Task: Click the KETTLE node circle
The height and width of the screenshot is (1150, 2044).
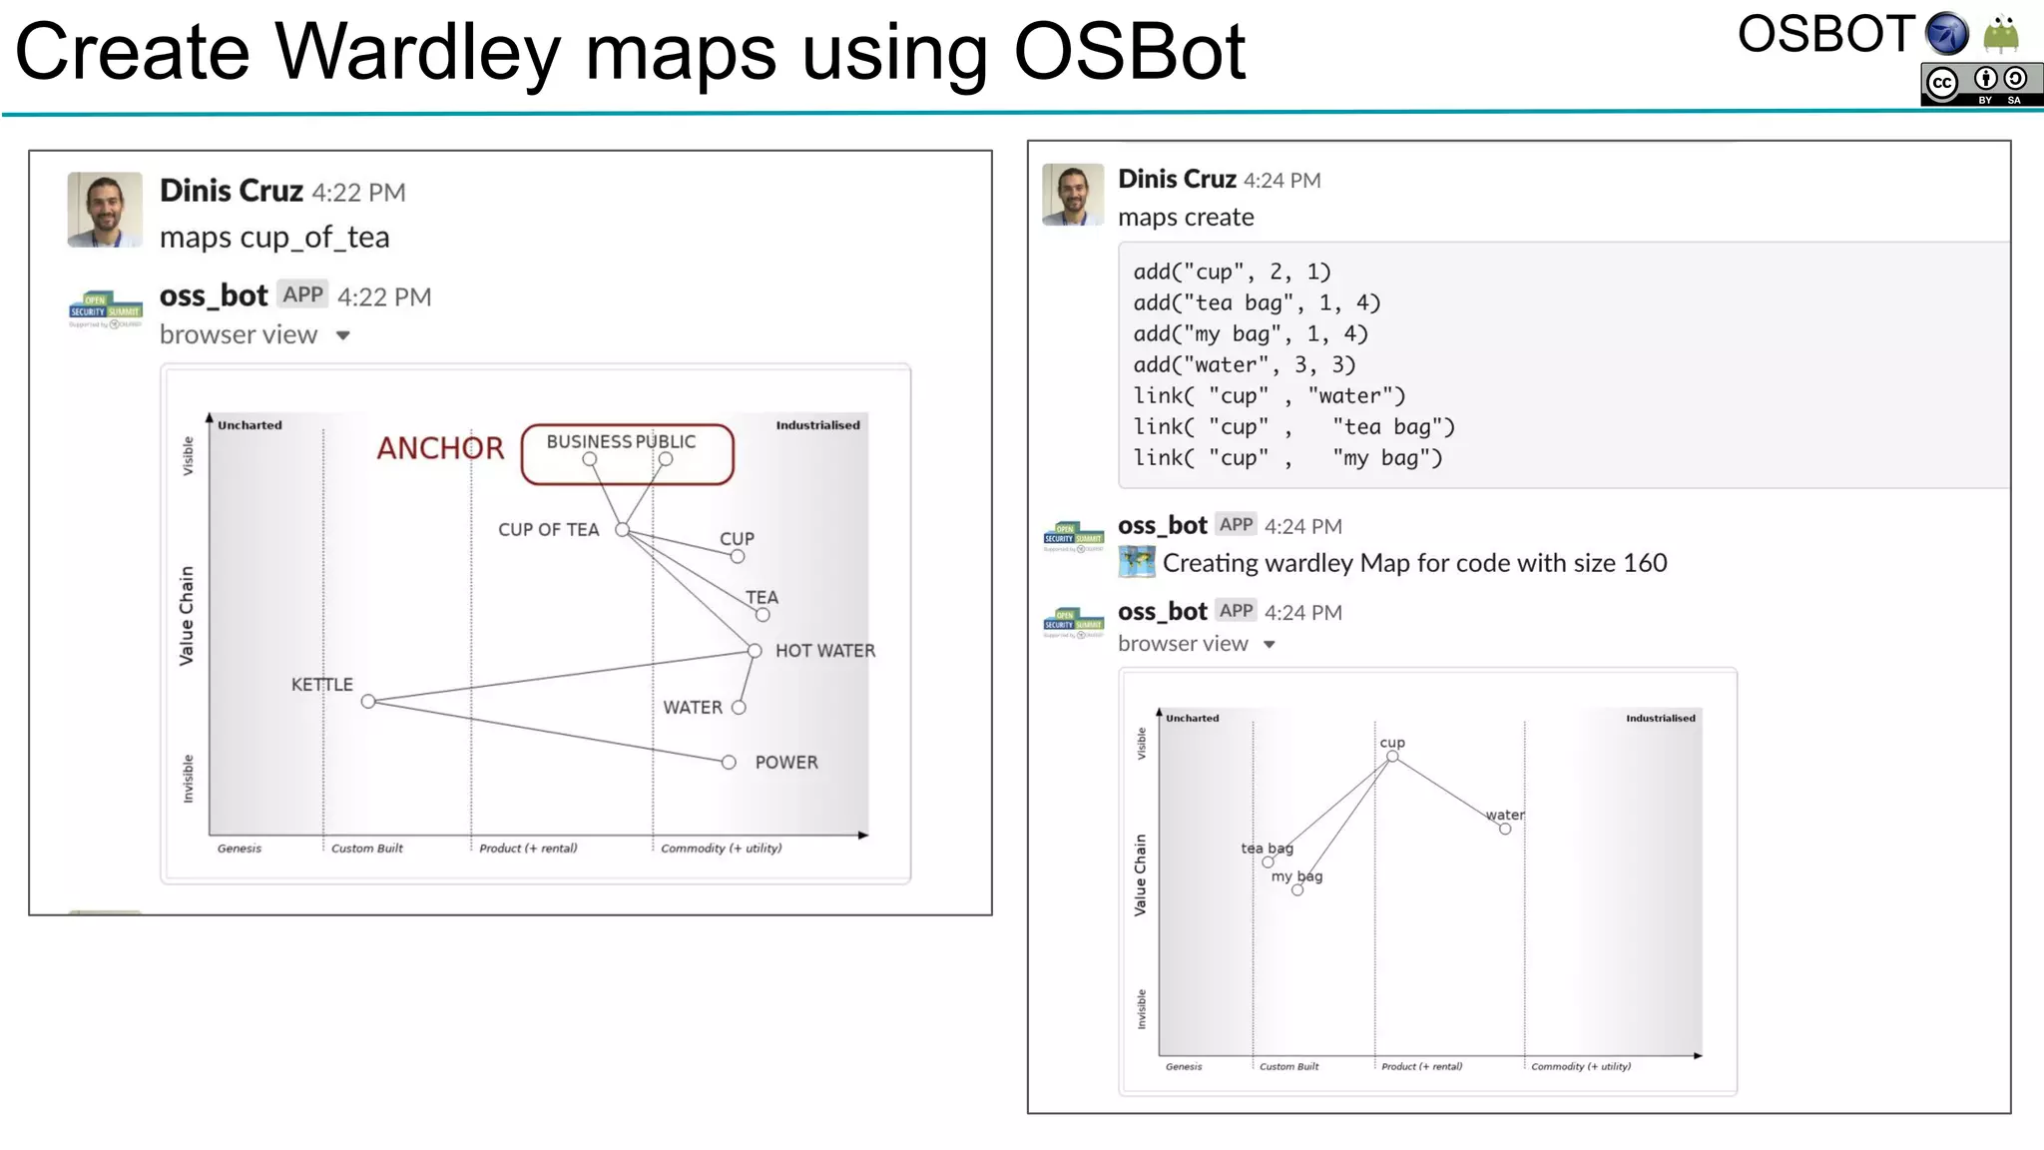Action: click(x=368, y=702)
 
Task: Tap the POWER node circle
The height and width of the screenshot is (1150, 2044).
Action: click(x=729, y=763)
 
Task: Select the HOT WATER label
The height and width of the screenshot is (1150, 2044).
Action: click(x=824, y=651)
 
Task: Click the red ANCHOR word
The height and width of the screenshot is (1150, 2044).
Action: click(x=440, y=448)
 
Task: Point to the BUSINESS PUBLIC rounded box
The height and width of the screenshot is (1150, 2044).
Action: click(x=627, y=454)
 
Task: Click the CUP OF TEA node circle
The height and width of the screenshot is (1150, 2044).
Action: click(x=622, y=530)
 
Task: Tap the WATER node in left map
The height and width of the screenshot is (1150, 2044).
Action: click(x=739, y=708)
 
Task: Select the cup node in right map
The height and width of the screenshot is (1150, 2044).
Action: click(x=1392, y=757)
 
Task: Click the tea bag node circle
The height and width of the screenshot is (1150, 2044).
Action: click(x=1268, y=862)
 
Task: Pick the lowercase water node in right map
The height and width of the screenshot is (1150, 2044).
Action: click(x=1505, y=829)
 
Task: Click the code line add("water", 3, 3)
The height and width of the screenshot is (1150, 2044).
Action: click(x=1244, y=365)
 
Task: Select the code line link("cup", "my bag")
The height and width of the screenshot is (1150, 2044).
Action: click(x=1287, y=458)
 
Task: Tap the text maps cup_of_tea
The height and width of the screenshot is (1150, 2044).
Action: click(x=274, y=238)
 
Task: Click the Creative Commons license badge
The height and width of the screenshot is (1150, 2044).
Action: click(x=1980, y=84)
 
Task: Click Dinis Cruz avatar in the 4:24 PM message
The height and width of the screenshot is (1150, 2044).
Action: click(x=1073, y=194)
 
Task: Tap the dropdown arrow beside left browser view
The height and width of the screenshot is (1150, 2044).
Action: click(x=343, y=335)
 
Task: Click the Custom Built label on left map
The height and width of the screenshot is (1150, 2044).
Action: click(x=366, y=849)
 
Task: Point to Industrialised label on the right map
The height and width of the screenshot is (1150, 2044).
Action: click(x=1660, y=718)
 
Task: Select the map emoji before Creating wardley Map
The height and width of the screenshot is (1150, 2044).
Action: click(x=1137, y=563)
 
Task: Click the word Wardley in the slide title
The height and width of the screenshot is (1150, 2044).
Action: click(x=417, y=52)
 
